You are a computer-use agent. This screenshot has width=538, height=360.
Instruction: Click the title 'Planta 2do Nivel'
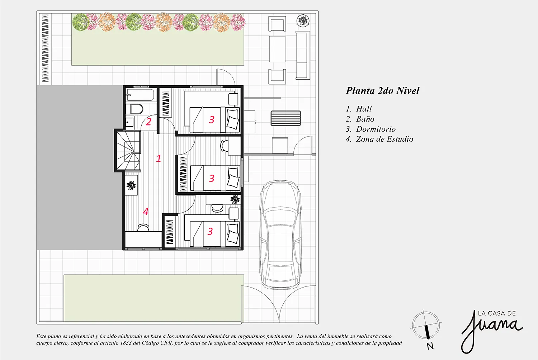tap(383, 91)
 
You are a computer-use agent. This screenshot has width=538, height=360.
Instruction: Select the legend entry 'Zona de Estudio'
tap(384, 139)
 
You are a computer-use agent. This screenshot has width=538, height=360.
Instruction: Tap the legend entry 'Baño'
tap(365, 119)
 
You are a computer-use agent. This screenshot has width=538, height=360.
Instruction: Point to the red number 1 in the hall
tap(159, 158)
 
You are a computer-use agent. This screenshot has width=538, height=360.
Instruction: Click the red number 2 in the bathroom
tap(148, 122)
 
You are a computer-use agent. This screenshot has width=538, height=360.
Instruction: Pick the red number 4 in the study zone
tap(146, 211)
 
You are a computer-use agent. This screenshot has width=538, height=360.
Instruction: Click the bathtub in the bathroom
tap(140, 95)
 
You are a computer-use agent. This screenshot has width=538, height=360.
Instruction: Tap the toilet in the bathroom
tap(136, 109)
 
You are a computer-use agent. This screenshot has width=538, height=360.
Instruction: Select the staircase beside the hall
tap(128, 150)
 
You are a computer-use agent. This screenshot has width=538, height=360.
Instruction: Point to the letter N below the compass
tap(430, 346)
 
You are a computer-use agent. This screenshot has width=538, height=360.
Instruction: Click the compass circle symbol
tap(426, 325)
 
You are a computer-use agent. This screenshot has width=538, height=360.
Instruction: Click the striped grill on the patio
tap(286, 118)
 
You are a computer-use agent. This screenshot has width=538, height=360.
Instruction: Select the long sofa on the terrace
tap(303, 55)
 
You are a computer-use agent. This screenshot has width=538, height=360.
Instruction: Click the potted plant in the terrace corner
tap(303, 20)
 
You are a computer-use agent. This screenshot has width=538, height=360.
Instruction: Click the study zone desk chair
tap(143, 227)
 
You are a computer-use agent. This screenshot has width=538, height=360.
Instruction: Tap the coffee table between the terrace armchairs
tap(277, 49)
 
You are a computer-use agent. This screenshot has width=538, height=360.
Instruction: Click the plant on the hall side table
tap(131, 185)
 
